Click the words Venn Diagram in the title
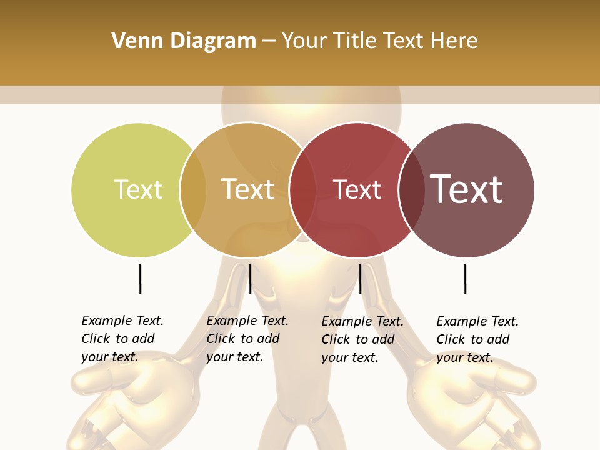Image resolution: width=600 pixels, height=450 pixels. click(x=184, y=41)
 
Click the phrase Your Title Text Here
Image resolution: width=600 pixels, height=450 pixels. click(x=379, y=41)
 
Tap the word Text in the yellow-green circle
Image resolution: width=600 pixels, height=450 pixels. click(x=138, y=189)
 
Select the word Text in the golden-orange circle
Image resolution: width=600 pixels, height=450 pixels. click(x=248, y=189)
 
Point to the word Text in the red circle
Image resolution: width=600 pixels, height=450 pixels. click(x=357, y=190)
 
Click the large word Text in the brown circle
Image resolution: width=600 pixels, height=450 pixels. click(x=467, y=189)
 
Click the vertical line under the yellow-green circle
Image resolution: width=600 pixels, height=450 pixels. click(x=140, y=279)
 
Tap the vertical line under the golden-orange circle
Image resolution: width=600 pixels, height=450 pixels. click(x=250, y=279)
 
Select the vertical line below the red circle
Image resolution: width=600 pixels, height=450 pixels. click(x=360, y=279)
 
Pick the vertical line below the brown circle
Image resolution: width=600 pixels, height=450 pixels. click(x=465, y=279)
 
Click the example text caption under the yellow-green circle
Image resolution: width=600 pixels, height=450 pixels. click(x=122, y=339)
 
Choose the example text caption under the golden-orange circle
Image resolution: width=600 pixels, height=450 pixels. click(x=247, y=339)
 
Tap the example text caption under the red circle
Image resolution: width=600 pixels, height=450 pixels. click(x=362, y=339)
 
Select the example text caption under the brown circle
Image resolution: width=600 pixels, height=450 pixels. click(x=477, y=339)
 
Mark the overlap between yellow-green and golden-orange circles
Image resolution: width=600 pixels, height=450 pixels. click(x=193, y=189)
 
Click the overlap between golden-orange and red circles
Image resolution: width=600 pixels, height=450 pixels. click(x=302, y=190)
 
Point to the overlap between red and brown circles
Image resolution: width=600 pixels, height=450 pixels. click(x=411, y=190)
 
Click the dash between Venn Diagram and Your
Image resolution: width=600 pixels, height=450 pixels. click(x=269, y=42)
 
